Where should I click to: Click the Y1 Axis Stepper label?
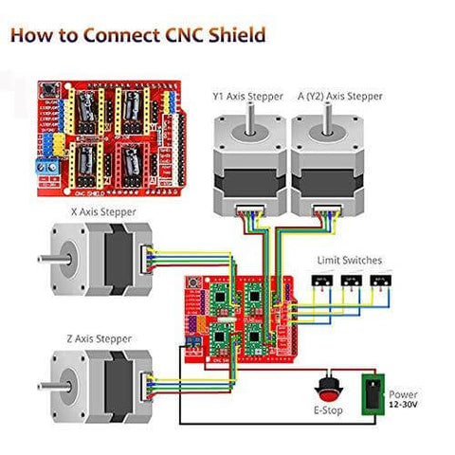point(248,95)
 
